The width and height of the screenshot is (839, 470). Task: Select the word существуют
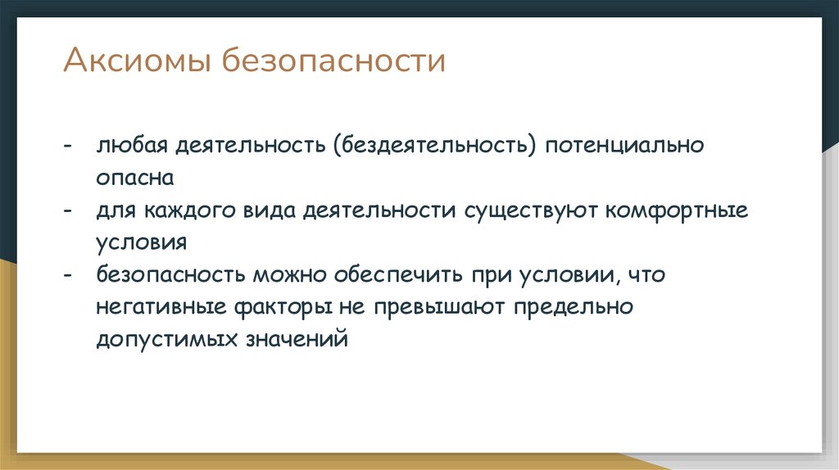click(533, 210)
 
